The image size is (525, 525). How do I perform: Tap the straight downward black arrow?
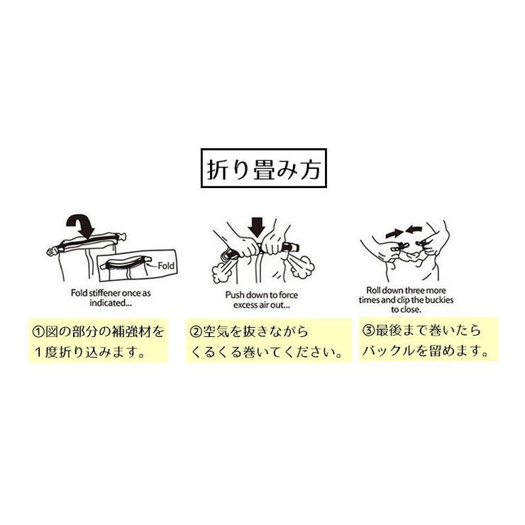pos(257,226)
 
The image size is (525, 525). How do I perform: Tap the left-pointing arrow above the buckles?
pos(414,230)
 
